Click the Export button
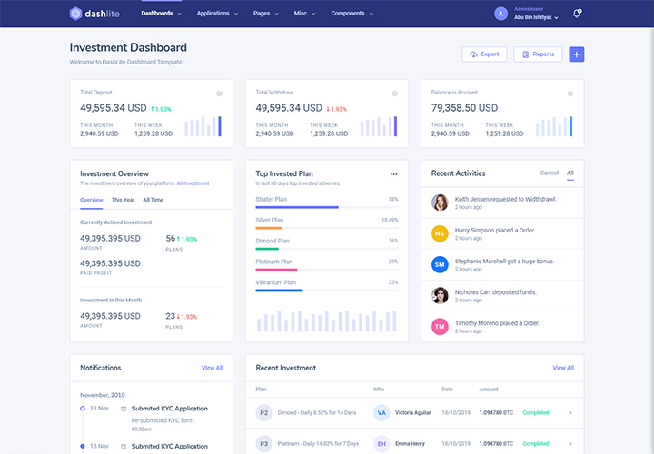(x=484, y=54)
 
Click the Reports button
(x=538, y=54)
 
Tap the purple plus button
(x=577, y=54)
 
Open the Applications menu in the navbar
(x=216, y=14)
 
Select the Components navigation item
(x=352, y=14)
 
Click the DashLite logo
(x=96, y=14)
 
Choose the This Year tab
(x=123, y=200)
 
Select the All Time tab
(x=153, y=200)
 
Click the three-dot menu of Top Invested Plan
(x=393, y=173)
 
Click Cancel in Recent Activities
(x=549, y=173)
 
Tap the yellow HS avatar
(x=440, y=233)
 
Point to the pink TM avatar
(x=440, y=326)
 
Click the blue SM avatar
(x=440, y=264)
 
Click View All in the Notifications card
(x=212, y=368)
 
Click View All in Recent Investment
(x=563, y=368)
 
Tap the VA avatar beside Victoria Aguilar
(x=381, y=412)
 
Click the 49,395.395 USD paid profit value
(x=110, y=263)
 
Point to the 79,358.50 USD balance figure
(x=466, y=107)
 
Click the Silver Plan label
(x=270, y=220)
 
